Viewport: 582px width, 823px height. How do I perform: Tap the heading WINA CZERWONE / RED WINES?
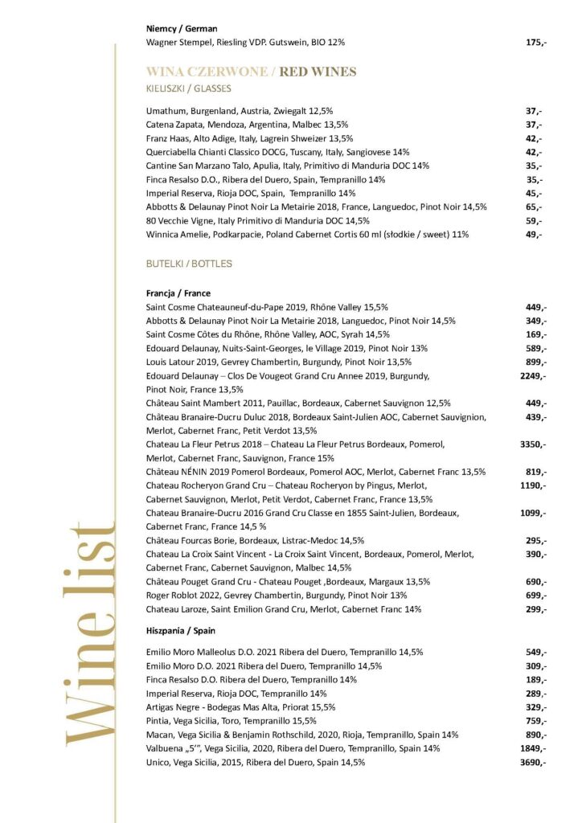coord(251,72)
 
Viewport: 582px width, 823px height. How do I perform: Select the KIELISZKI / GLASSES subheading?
coord(188,88)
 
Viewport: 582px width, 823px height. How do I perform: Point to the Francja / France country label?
coord(178,293)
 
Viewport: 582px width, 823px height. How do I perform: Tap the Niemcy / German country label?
coord(182,28)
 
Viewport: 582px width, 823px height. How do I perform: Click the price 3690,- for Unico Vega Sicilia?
coord(533,762)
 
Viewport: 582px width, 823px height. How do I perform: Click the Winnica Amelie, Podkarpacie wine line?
coord(307,235)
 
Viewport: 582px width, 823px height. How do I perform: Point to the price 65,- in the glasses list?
coord(534,207)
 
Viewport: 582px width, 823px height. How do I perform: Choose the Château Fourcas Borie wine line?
coord(255,540)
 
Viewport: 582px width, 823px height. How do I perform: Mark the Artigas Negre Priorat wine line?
coord(240,707)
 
